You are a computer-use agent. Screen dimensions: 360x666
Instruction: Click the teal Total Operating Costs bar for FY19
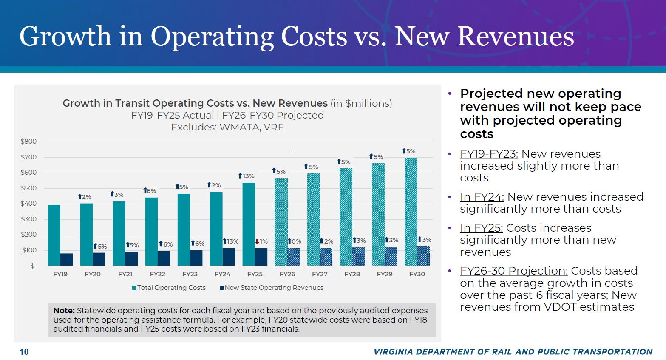tap(54, 235)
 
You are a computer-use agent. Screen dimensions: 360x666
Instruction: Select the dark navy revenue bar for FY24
tap(229, 257)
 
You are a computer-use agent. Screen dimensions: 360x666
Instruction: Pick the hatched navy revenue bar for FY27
tap(326, 257)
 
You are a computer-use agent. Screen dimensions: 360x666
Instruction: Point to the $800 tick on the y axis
tap(29, 142)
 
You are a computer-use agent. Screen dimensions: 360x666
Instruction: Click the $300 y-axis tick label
tap(29, 219)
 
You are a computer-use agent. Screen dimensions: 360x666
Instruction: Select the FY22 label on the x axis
tap(158, 274)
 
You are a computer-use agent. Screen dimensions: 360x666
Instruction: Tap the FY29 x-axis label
tap(385, 274)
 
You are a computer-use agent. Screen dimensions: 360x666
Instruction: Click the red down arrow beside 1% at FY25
tap(257, 241)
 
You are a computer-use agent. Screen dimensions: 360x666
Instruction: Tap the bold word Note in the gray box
tap(64, 311)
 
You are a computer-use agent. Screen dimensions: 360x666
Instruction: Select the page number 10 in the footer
tap(24, 352)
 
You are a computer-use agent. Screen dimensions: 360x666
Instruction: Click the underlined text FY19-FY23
tap(489, 154)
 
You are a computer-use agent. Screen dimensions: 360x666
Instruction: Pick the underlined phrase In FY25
tap(481, 228)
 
